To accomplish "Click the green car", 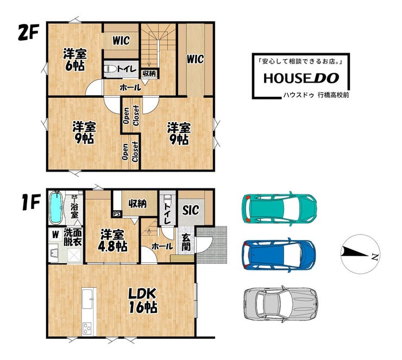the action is tap(279, 209).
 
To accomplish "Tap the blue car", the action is tap(279, 255).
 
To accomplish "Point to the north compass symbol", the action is tap(360, 255).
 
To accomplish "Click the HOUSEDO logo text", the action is tap(301, 78).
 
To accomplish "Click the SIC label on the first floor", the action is tap(191, 210).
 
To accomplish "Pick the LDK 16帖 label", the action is tap(142, 301).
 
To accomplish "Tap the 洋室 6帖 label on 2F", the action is tap(75, 60).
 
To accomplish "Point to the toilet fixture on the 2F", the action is tap(110, 69).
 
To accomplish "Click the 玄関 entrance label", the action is tap(186, 242).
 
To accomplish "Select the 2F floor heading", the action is tap(28, 32).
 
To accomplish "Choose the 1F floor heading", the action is tap(31, 202).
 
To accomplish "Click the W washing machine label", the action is tap(55, 235).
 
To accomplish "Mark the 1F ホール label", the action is tap(162, 247).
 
